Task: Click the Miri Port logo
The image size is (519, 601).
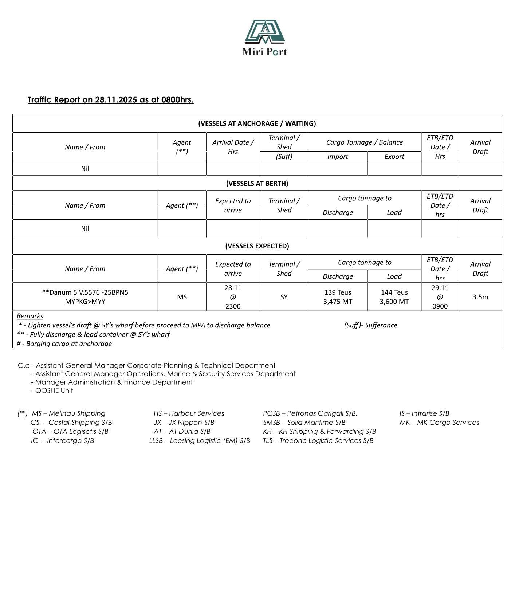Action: (264, 38)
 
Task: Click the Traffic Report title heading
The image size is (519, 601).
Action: (110, 100)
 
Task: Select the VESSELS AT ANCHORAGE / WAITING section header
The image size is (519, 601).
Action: (257, 123)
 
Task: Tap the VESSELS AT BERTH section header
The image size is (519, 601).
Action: (257, 183)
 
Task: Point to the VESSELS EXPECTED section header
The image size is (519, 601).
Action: (257, 246)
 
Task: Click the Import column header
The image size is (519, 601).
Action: (337, 157)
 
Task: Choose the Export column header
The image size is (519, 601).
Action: (394, 157)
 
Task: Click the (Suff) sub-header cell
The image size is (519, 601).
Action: (284, 157)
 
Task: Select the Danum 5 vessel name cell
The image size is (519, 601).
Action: (85, 297)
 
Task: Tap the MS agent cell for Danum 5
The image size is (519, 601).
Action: (182, 297)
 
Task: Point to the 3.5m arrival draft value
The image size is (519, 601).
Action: (480, 297)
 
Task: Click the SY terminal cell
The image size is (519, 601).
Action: (284, 297)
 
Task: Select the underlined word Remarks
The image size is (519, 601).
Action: (30, 316)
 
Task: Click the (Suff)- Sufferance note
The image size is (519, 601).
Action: (370, 325)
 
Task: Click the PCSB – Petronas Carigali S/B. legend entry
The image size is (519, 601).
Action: (310, 413)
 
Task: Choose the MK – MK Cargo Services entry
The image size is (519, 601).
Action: (439, 423)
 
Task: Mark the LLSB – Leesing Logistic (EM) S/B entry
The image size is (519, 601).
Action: (200, 441)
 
